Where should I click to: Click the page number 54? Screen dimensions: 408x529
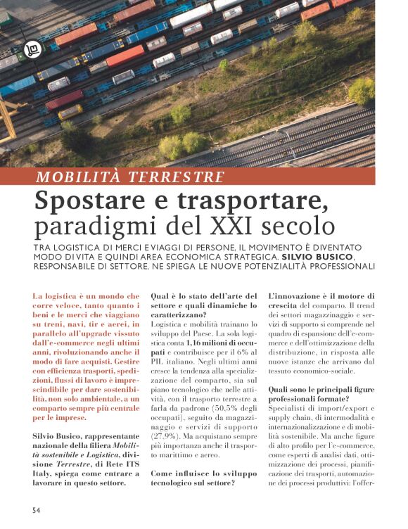37,509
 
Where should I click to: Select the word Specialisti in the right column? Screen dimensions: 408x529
291,408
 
